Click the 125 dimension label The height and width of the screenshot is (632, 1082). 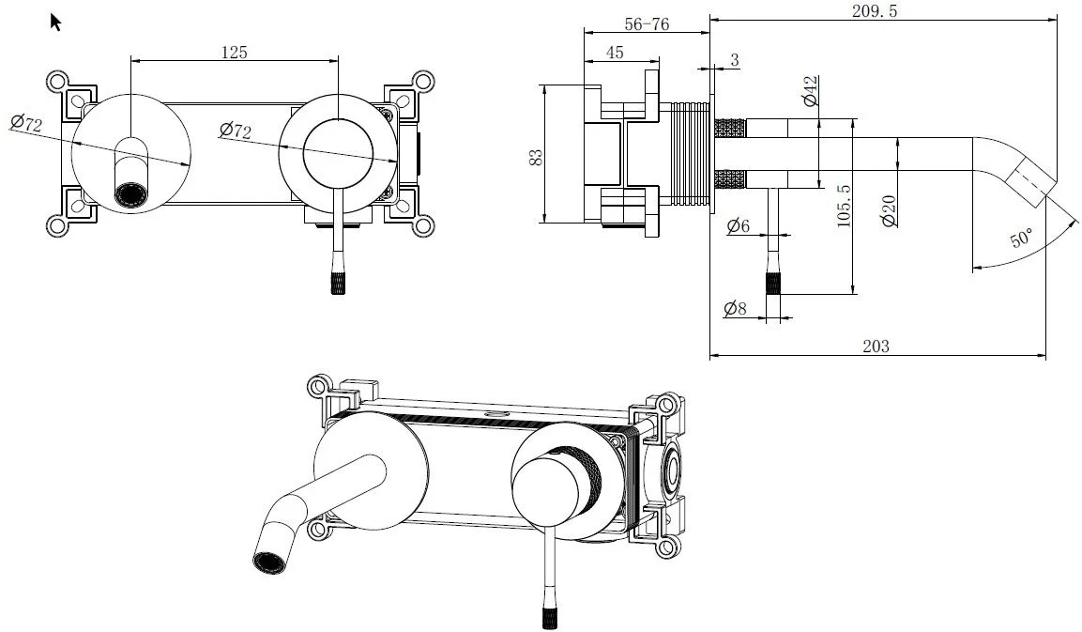click(234, 53)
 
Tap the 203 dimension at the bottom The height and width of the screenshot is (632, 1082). click(875, 347)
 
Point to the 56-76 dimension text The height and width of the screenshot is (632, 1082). click(646, 24)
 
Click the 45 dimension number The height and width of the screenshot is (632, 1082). click(615, 54)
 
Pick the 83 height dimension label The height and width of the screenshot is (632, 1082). click(536, 155)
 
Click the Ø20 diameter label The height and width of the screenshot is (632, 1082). click(887, 208)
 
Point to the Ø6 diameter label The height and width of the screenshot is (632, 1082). click(739, 225)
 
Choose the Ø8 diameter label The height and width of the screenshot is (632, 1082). click(736, 307)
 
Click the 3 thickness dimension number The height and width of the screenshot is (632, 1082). click(734, 61)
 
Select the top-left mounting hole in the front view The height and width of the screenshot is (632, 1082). click(57, 81)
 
